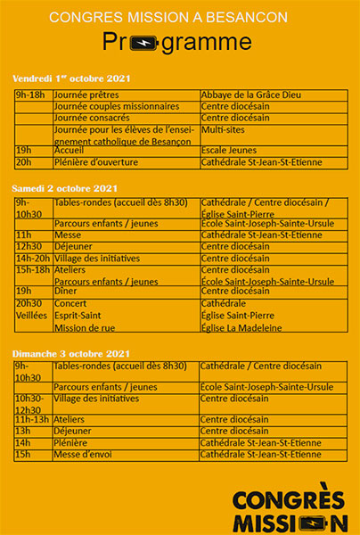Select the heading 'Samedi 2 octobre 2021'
(x=65, y=188)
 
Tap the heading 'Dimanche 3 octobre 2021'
(x=71, y=354)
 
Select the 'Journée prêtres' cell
(x=86, y=95)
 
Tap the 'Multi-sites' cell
(x=225, y=128)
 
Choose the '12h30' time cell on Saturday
(x=29, y=246)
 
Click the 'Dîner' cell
(x=66, y=291)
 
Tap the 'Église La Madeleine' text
(x=241, y=327)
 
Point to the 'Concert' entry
(x=70, y=303)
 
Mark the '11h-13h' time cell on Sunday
(x=33, y=419)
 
